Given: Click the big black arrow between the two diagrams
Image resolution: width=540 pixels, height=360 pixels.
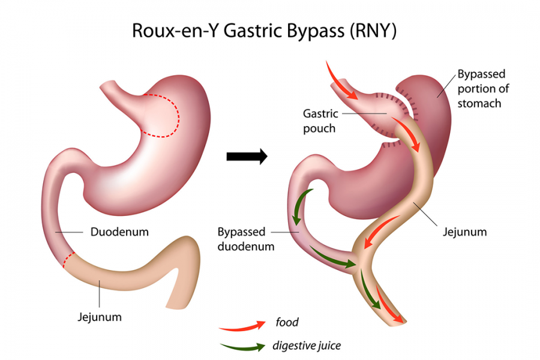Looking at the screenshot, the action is point(247,157).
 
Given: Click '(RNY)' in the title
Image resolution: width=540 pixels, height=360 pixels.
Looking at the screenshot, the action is point(373,31).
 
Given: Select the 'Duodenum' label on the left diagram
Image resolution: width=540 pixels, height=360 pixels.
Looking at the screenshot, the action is point(119,232).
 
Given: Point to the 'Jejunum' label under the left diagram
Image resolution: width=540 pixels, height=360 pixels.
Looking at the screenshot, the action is point(100,317).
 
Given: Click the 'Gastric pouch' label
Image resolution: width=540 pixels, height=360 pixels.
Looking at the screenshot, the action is point(320,121).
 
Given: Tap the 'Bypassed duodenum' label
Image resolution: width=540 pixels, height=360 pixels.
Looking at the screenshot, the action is point(246,239).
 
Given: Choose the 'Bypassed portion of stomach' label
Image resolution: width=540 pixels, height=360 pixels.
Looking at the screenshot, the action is point(483,89).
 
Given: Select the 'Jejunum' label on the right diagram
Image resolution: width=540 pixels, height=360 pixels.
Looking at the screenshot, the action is point(464,232).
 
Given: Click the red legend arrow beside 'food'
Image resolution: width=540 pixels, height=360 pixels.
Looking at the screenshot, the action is point(242,326).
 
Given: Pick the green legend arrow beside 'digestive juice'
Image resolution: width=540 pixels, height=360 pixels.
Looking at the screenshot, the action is point(242,347).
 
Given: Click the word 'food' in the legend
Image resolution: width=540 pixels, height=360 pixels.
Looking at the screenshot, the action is point(287,322).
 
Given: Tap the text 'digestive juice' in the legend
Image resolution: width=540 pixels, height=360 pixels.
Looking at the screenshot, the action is point(307,346).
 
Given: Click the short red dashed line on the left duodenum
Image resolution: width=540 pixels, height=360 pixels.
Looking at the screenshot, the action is point(68,259).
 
